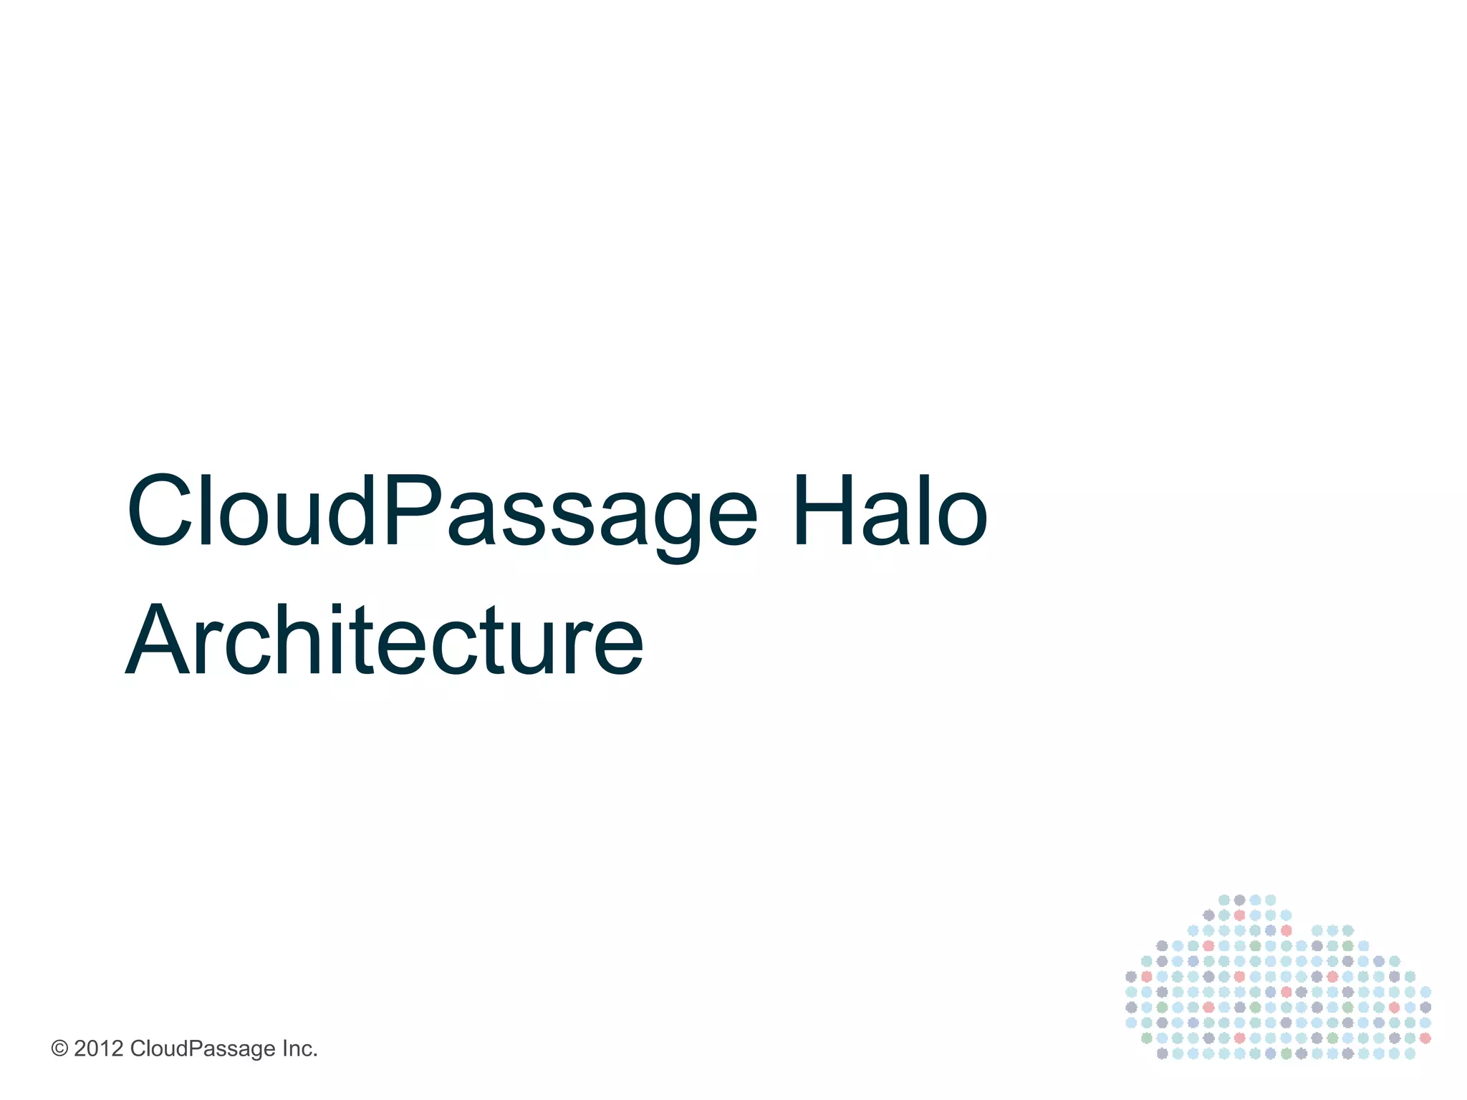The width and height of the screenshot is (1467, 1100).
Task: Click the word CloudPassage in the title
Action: pyautogui.click(x=441, y=512)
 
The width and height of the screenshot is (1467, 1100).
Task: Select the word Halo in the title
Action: pyautogui.click(x=890, y=512)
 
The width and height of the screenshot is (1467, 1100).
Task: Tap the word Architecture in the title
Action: pyautogui.click(x=385, y=640)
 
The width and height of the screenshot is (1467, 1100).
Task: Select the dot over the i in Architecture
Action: pyautogui.click(x=342, y=609)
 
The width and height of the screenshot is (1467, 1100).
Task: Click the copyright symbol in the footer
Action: pyautogui.click(x=59, y=1049)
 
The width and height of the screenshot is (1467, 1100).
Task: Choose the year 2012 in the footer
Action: pyautogui.click(x=99, y=1049)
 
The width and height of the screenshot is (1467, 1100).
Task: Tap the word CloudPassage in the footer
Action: pyautogui.click(x=203, y=1049)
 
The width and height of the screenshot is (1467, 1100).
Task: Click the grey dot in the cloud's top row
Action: pyautogui.click(x=1239, y=899)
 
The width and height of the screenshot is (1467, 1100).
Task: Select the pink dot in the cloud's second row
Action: pyautogui.click(x=1239, y=915)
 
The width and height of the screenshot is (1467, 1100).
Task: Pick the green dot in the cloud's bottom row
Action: pyautogui.click(x=1286, y=1053)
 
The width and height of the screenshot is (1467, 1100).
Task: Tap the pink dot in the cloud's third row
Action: pyautogui.click(x=1286, y=930)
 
